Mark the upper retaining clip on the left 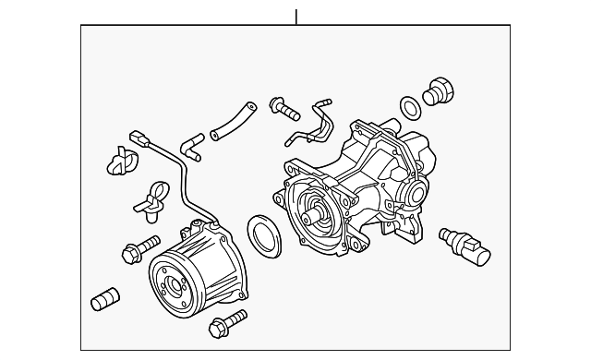(119, 159)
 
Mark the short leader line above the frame (296, 17)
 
